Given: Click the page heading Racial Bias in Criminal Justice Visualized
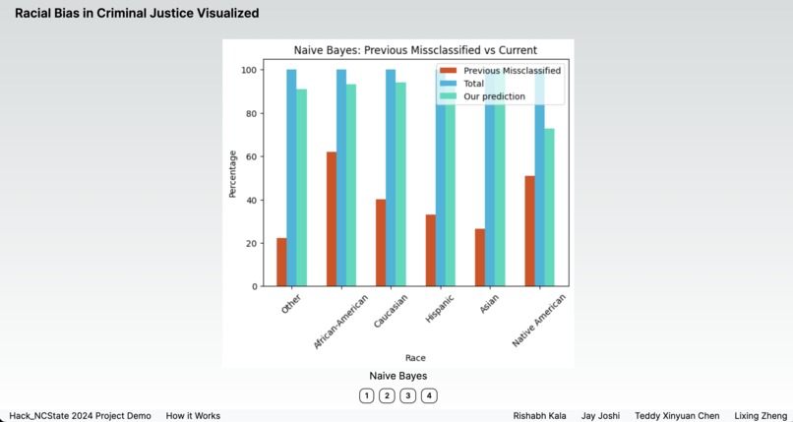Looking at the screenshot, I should (x=137, y=14).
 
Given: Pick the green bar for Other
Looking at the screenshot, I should (x=301, y=187).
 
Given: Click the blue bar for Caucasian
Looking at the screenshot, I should (x=391, y=177).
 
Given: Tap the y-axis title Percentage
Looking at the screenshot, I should (x=233, y=173).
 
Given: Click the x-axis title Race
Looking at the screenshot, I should (x=415, y=358).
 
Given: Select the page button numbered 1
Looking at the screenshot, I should (x=366, y=395).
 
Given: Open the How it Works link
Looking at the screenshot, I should (x=193, y=416).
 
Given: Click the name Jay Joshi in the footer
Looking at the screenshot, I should (x=600, y=416).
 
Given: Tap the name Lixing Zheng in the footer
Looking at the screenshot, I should (x=761, y=416).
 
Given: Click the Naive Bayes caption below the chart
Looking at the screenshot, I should (x=397, y=376).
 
